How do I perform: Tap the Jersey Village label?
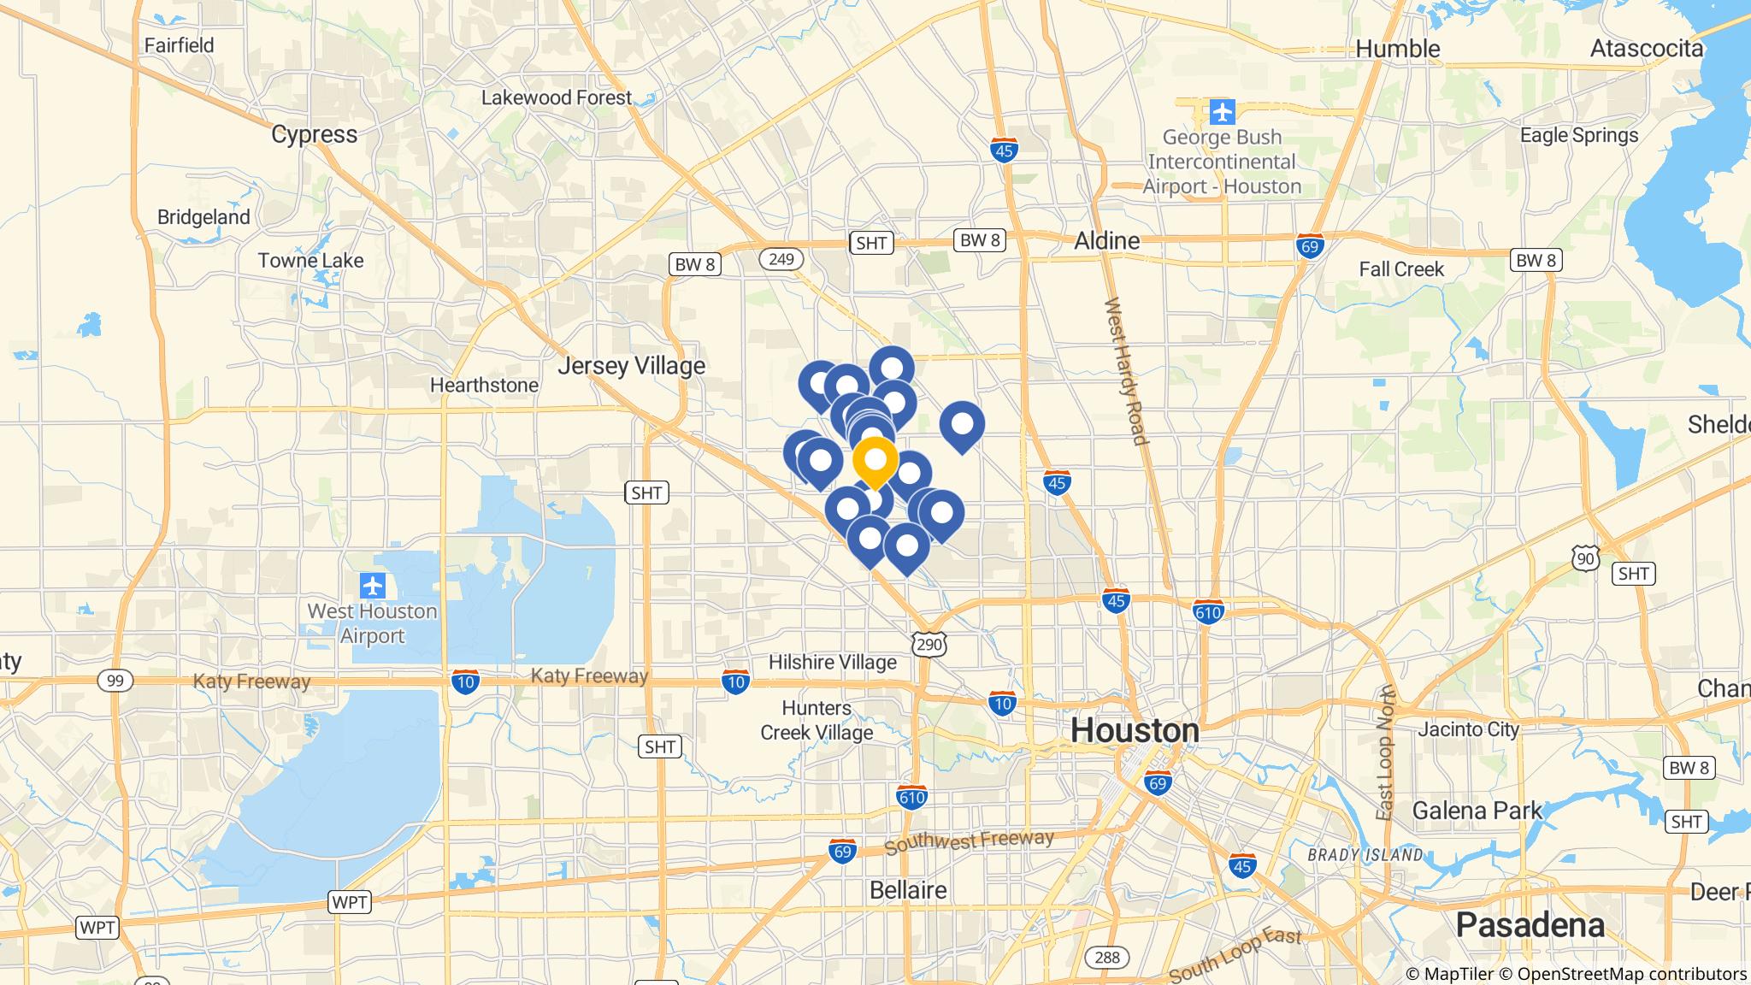tap(632, 367)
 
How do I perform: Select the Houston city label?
tap(1135, 731)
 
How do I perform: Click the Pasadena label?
tap(1530, 925)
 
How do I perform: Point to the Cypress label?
tap(315, 134)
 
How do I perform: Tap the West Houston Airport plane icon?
tap(373, 587)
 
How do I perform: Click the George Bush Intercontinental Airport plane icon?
tap(1223, 111)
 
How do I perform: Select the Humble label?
tap(1398, 49)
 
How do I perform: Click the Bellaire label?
tap(908, 890)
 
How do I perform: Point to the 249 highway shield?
tap(781, 259)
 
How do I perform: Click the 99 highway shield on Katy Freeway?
tap(115, 681)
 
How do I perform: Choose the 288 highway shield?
tap(1107, 957)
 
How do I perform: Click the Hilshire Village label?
tap(833, 662)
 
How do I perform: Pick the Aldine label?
tap(1106, 241)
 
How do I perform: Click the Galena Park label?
tap(1477, 810)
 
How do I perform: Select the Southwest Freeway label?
tap(969, 842)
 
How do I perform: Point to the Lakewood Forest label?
tap(556, 97)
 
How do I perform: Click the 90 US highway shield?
tap(1584, 558)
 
